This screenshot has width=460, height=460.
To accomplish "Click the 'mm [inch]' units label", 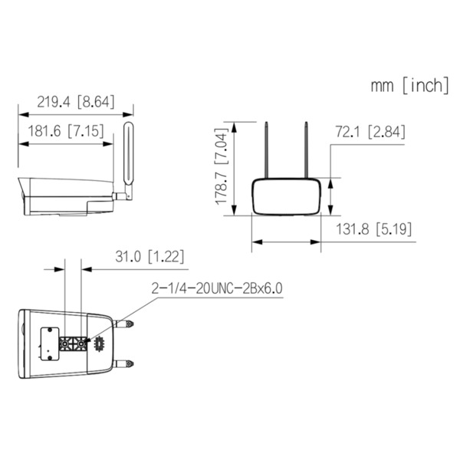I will point(410,85).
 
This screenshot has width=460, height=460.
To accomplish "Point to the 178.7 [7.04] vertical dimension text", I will point(221,166).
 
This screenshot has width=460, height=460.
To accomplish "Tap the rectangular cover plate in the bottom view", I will point(49,343).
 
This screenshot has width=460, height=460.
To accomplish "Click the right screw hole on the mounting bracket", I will point(81,343).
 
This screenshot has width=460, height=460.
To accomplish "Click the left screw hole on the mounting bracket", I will point(65,343).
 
